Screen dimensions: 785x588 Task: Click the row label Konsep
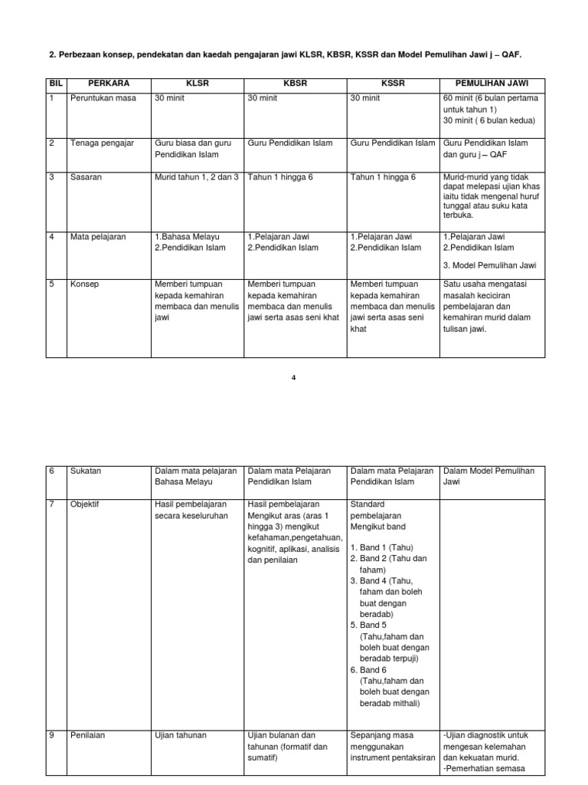pos(84,284)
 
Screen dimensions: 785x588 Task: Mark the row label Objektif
pos(85,505)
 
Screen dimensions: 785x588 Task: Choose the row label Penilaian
pos(87,735)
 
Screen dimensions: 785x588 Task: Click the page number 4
pos(294,376)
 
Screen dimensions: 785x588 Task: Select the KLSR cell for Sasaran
pos(197,177)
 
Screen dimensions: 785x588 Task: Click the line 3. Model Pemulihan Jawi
pos(490,265)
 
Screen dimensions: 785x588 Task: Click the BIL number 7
pos(52,505)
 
